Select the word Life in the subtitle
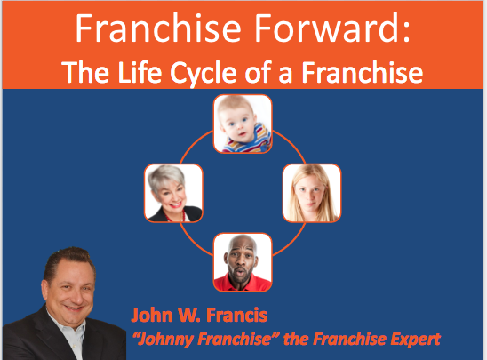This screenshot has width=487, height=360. pos(140,72)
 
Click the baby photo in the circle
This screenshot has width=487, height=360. pos(243,124)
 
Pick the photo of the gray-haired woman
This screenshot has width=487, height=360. pos(173,193)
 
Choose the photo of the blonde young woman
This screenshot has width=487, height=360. pos(312,193)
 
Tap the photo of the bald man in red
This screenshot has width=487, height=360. pos(243,262)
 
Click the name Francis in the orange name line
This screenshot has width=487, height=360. pos(236,315)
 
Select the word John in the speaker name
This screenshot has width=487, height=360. pos(152,315)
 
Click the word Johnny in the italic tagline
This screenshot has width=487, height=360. pos(165,340)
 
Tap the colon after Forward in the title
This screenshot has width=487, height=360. pos(406,32)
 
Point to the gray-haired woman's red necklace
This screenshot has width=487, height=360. pos(177,216)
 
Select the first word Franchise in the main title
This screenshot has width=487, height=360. pos(158,28)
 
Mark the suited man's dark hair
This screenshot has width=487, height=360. pos(69,260)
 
